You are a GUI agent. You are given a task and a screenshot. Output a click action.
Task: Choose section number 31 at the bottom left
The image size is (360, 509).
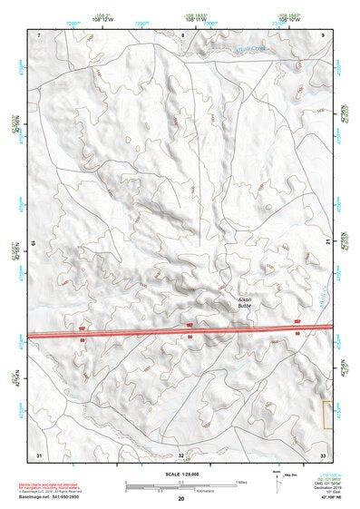click(39, 454)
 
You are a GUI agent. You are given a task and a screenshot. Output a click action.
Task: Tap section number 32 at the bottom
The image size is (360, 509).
click(181, 454)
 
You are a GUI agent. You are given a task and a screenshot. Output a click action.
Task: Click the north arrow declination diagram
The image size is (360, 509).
click(277, 479)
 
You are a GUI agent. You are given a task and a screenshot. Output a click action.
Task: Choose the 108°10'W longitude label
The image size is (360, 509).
click(289, 18)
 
